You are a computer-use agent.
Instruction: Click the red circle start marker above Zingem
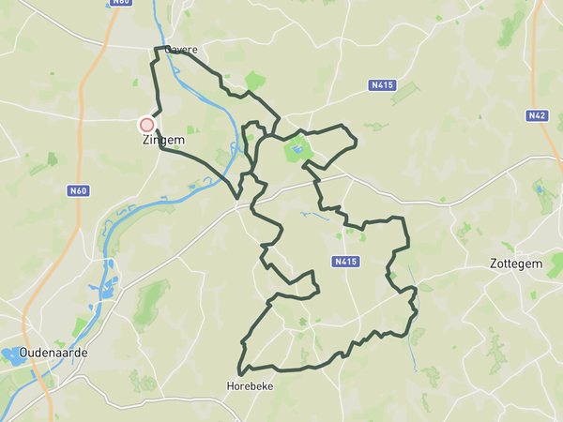coord(146,124)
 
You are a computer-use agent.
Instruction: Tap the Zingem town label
coord(162,140)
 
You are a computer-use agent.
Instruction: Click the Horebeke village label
coord(251,385)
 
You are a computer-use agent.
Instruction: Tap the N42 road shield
coord(537,115)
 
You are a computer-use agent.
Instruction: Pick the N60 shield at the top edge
coord(120,2)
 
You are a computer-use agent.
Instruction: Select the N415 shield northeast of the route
coord(380,85)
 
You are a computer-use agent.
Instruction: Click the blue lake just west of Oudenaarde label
coord(13,354)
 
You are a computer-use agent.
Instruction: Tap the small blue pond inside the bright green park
coord(297,147)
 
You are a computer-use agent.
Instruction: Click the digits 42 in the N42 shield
coord(540,115)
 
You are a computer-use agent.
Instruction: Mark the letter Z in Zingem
coord(146,140)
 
